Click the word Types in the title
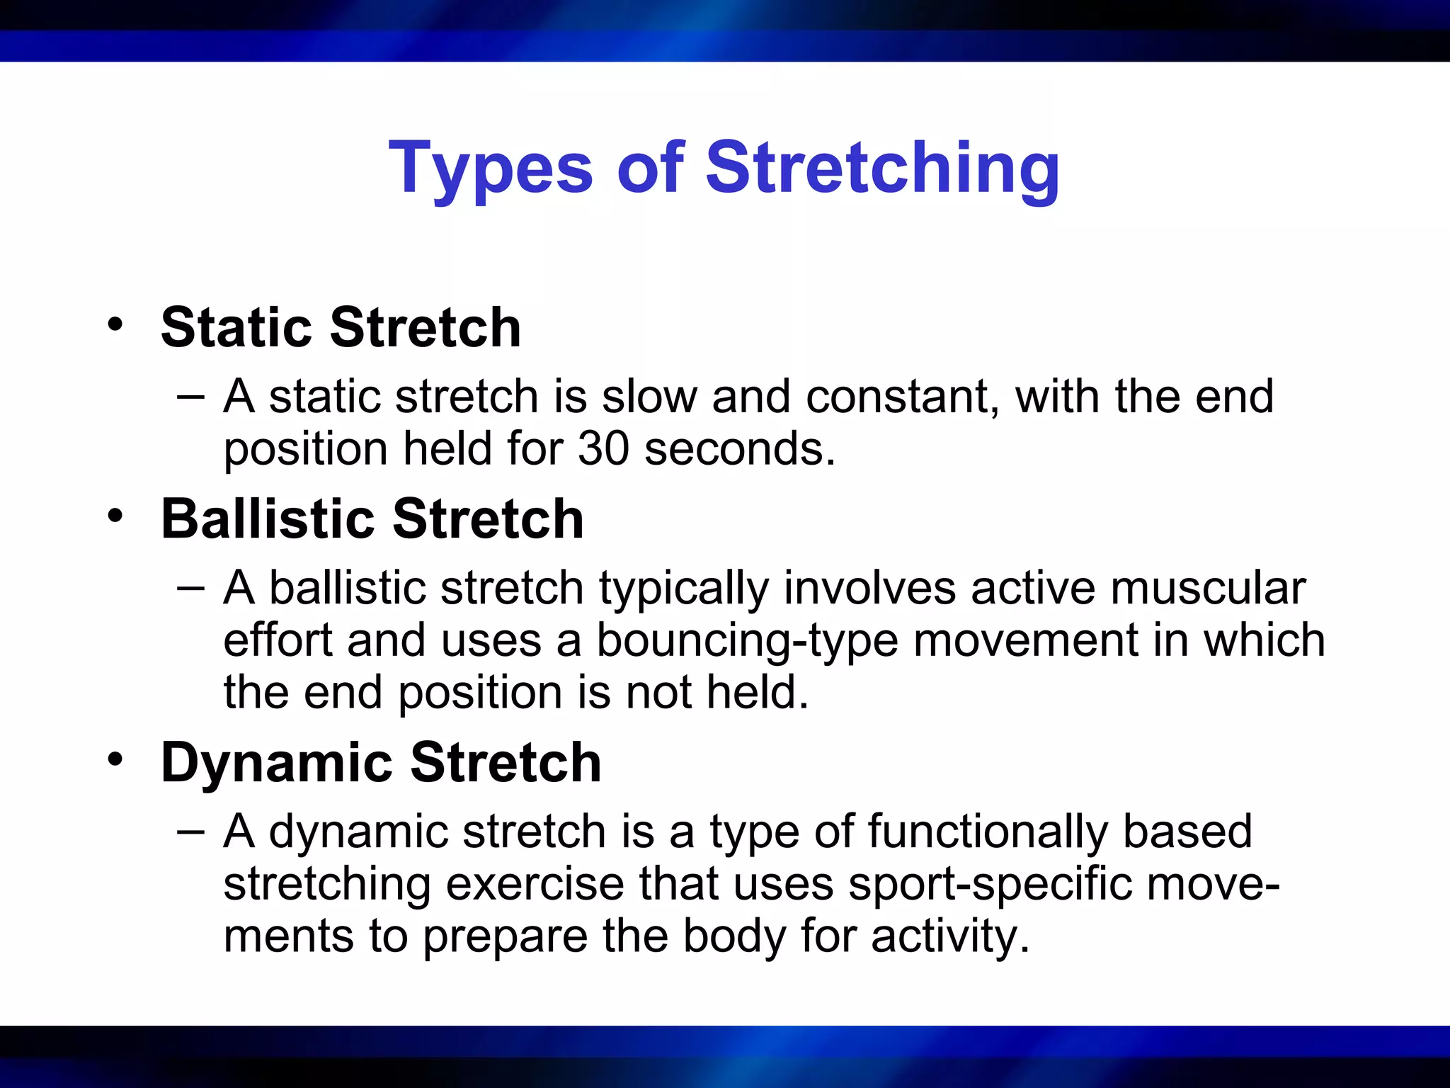pos(490,170)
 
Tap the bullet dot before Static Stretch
pos(115,325)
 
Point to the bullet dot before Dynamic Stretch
pos(115,759)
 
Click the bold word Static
pos(236,328)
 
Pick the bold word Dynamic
pos(277,763)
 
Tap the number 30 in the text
pos(603,449)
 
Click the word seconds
pos(740,449)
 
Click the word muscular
pos(1208,589)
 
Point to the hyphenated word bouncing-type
pos(747,641)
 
